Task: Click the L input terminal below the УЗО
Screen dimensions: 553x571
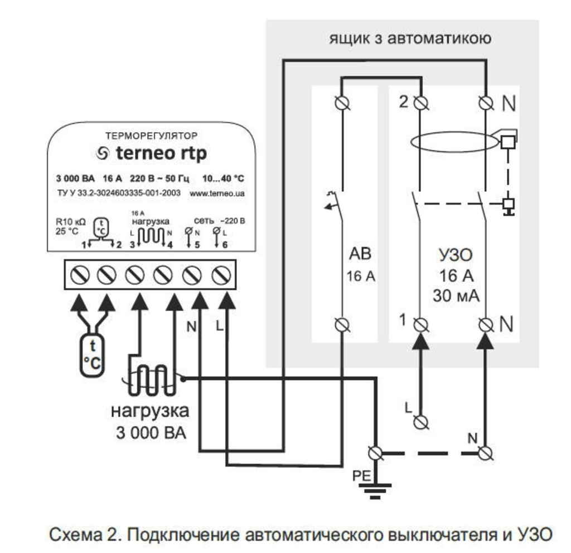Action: pyautogui.click(x=423, y=421)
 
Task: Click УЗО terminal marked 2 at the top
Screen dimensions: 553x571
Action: pyautogui.click(x=422, y=103)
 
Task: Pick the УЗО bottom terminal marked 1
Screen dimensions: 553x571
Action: pyautogui.click(x=422, y=323)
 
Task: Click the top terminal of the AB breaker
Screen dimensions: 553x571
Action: pyautogui.click(x=341, y=103)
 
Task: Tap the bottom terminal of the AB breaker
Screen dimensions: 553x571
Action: pyautogui.click(x=341, y=324)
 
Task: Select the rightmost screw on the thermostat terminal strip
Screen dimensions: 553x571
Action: pyautogui.click(x=222, y=274)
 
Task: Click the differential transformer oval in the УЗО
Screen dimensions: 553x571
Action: pyautogui.click(x=453, y=142)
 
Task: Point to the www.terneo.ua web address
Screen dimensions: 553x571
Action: pyautogui.click(x=217, y=193)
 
